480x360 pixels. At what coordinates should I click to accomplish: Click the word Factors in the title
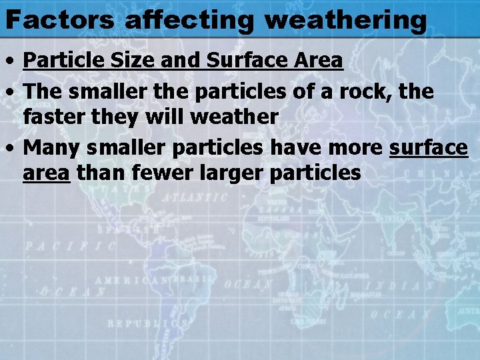(60, 20)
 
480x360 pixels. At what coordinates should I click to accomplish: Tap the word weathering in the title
(345, 20)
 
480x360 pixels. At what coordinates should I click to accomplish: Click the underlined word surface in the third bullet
(428, 148)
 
